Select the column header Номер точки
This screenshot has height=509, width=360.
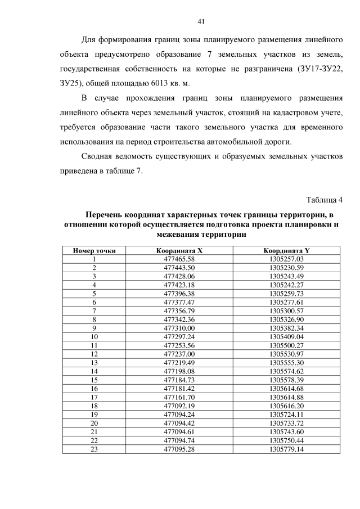(94, 250)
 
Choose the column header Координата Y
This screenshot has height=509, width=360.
(286, 250)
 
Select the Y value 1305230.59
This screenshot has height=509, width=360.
(286, 267)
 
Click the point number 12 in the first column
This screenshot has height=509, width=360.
(94, 354)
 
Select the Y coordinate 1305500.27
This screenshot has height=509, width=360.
(286, 345)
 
